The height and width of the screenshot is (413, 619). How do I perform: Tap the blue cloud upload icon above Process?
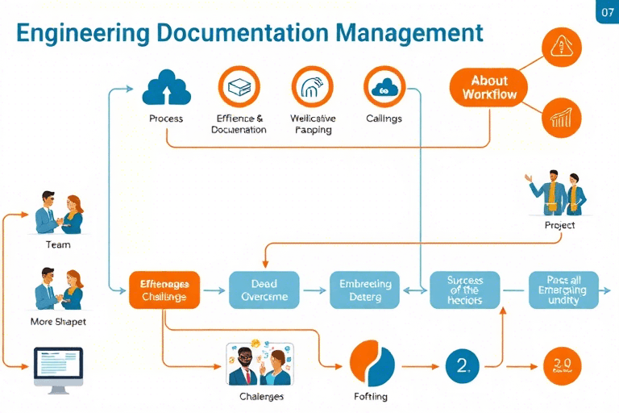166,88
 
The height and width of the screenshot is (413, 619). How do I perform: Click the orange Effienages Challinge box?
164,290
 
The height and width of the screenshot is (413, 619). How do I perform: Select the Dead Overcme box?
264,290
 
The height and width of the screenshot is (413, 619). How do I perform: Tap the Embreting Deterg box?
365,290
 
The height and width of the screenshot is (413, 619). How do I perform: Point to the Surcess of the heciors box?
465,290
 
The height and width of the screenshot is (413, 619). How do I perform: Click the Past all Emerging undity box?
564,290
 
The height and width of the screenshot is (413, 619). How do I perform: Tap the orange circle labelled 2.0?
563,366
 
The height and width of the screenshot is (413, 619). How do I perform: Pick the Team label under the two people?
58,244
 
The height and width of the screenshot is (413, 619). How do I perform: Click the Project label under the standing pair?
559,225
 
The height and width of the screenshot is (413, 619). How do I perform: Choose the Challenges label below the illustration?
262,397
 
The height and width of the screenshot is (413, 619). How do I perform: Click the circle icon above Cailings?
384,88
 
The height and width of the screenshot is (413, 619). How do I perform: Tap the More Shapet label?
58,321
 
